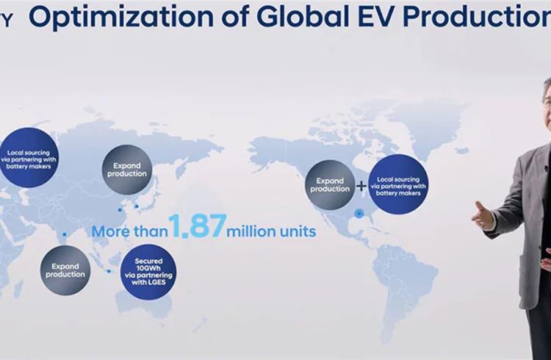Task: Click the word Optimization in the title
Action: [x=121, y=17]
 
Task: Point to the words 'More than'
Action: [x=129, y=231]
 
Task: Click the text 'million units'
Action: [x=271, y=231]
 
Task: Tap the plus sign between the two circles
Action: [x=361, y=186]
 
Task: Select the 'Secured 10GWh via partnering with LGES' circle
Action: [x=148, y=272]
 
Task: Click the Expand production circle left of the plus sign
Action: [x=330, y=185]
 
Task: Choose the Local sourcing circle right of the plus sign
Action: [x=398, y=184]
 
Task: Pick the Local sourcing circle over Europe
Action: [x=29, y=157]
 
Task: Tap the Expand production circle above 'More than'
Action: [x=127, y=170]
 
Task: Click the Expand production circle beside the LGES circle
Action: [x=65, y=270]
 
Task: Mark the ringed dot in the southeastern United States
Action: [x=359, y=213]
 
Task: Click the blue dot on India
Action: [x=65, y=234]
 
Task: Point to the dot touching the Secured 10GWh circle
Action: [x=109, y=271]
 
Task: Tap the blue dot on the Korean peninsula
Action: [x=137, y=206]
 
